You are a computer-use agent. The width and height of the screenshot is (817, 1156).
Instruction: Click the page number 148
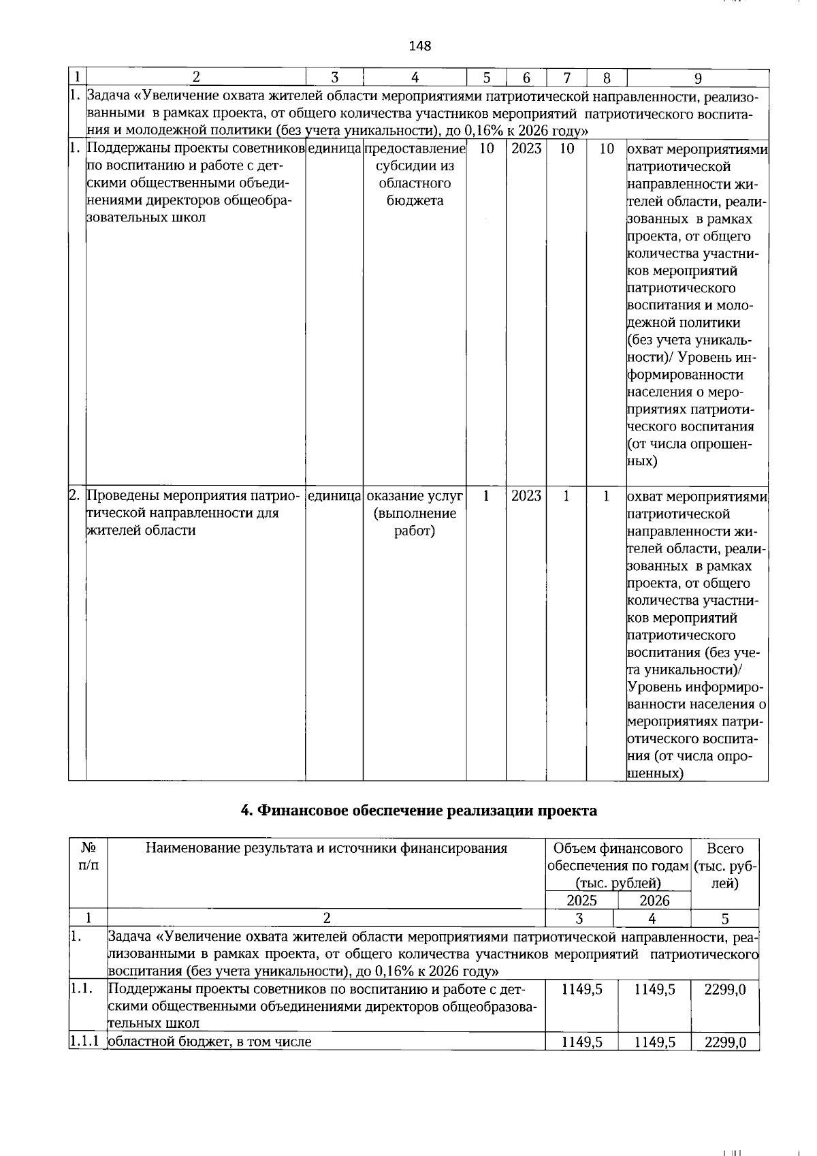click(420, 46)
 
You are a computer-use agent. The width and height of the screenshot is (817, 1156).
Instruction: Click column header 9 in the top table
click(697, 78)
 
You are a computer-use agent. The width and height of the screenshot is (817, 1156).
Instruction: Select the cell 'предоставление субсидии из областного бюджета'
click(415, 174)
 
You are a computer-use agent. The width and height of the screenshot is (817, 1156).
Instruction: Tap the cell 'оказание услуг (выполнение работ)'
click(415, 513)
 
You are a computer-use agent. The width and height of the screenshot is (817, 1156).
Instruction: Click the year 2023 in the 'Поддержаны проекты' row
click(526, 149)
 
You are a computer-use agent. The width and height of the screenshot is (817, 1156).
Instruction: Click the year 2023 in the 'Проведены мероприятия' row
click(526, 496)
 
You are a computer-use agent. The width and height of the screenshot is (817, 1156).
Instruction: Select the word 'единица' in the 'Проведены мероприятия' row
click(334, 496)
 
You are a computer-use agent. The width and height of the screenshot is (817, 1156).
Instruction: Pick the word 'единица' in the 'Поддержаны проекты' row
click(334, 149)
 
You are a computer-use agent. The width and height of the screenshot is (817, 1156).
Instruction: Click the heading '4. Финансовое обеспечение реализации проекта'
click(419, 811)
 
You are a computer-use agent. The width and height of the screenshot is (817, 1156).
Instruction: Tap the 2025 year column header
click(581, 901)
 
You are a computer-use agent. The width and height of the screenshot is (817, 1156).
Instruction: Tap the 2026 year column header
click(654, 901)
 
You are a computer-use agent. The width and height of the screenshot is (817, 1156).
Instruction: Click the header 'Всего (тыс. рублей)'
click(725, 866)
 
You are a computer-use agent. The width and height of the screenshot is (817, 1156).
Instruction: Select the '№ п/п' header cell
click(89, 857)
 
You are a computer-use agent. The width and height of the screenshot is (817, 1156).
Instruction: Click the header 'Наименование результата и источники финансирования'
click(327, 849)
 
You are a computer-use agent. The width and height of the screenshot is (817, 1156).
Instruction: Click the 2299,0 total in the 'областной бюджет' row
click(725, 1042)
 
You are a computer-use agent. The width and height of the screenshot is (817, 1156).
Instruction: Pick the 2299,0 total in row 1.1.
click(725, 989)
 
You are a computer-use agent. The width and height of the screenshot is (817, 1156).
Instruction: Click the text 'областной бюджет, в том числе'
click(210, 1042)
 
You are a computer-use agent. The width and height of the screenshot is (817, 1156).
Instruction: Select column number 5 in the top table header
click(486, 78)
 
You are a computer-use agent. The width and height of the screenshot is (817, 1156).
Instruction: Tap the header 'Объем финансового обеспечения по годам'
click(618, 866)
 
